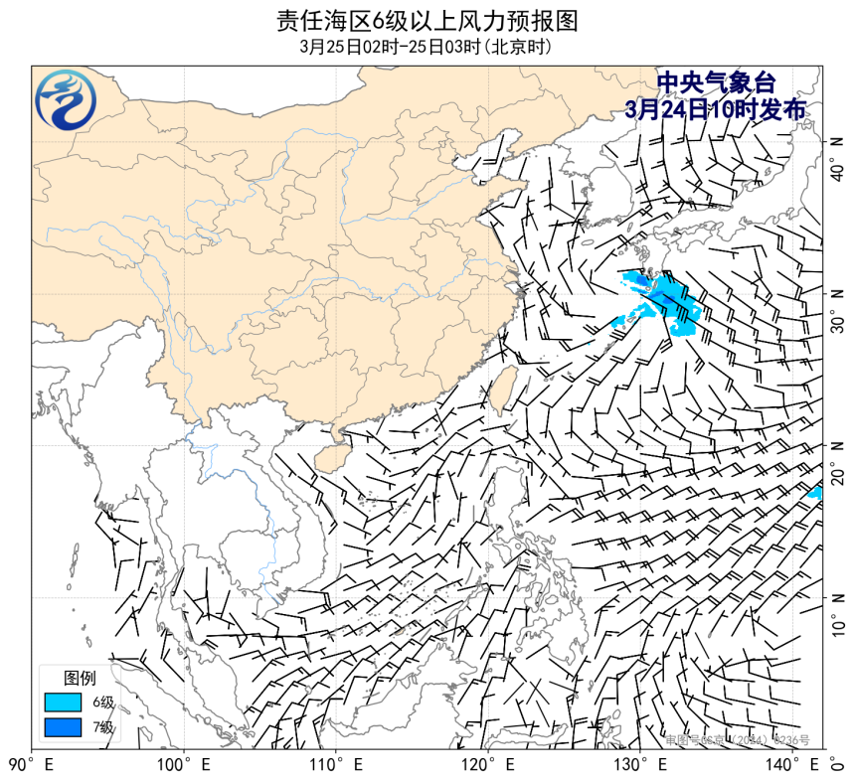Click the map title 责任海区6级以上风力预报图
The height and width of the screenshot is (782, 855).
pyautogui.click(x=427, y=20)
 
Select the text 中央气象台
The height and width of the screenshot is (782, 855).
pyautogui.click(x=716, y=83)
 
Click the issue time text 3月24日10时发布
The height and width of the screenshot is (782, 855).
pyautogui.click(x=716, y=108)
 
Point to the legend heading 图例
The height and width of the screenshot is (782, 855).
pyautogui.click(x=80, y=678)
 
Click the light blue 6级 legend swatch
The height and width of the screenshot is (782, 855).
pyautogui.click(x=62, y=703)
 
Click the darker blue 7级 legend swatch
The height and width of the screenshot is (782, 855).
pyautogui.click(x=62, y=727)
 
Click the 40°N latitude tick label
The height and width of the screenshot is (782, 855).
pyautogui.click(x=837, y=158)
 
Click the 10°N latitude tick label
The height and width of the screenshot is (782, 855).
pyautogui.click(x=837, y=613)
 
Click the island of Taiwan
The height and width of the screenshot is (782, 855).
pyautogui.click(x=500, y=388)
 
